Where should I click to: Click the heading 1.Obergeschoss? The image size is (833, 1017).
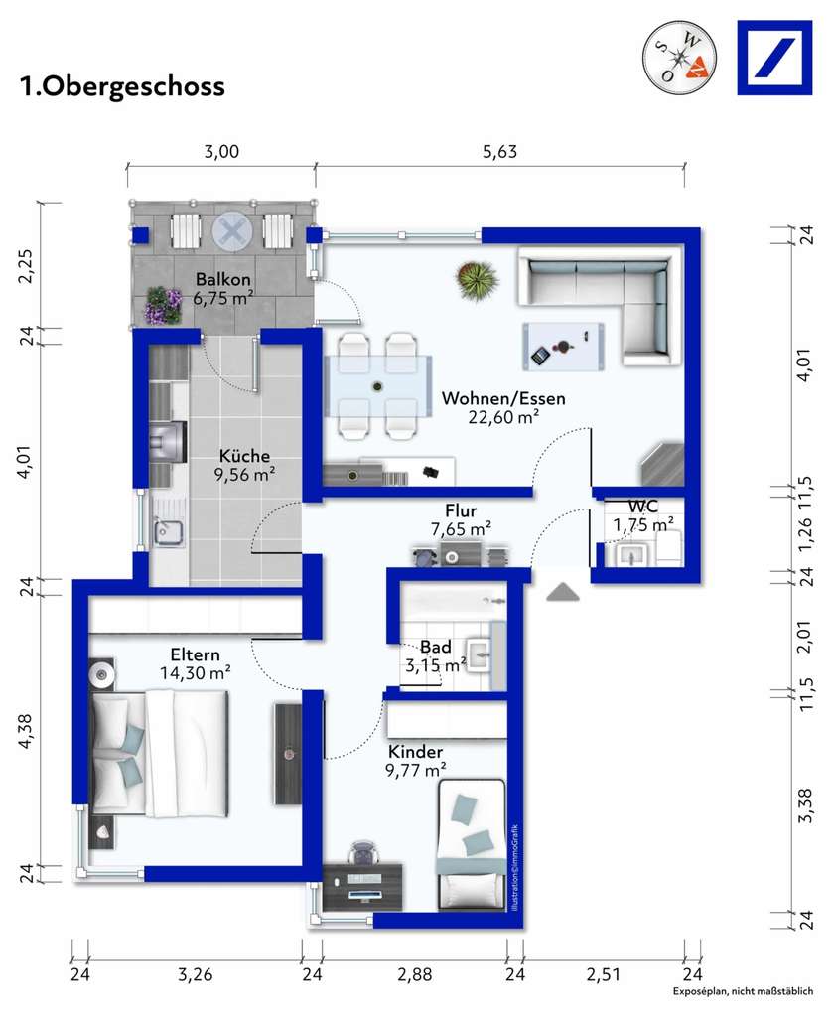122,86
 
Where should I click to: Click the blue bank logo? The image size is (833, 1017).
774,58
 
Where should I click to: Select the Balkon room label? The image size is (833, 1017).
223,279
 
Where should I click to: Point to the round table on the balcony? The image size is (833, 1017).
232,230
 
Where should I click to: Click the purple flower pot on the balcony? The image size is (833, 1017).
164,305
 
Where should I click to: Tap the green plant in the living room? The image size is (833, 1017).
478,280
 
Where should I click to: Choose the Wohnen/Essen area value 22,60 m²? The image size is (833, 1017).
503,417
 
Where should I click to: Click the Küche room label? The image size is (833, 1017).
244,455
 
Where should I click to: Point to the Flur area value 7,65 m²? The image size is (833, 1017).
461,529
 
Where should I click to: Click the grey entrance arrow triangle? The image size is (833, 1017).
563,592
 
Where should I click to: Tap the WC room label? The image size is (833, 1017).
643,507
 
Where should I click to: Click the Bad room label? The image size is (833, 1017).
436,647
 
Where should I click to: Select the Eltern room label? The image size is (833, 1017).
196,654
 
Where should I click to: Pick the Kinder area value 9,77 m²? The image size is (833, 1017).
416,771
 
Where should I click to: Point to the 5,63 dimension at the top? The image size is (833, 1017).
499,152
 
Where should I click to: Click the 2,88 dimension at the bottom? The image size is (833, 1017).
415,974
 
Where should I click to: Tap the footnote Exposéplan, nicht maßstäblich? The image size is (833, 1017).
743,991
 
